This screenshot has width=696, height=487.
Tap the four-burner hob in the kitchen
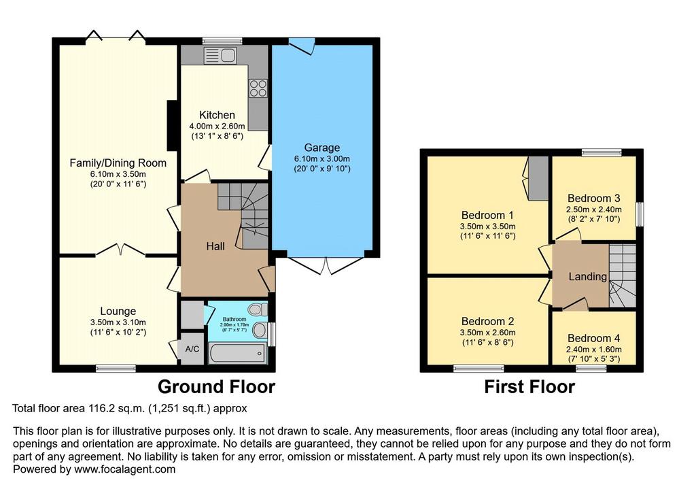(258, 88)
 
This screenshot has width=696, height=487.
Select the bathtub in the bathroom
(238, 353)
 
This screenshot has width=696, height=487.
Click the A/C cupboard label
(192, 349)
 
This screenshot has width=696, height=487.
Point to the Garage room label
(321, 148)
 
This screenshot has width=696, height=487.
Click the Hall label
(215, 246)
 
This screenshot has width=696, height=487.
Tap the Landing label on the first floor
(588, 277)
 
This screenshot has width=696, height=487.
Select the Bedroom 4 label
(594, 338)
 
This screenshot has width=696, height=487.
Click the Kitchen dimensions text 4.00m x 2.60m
(217, 127)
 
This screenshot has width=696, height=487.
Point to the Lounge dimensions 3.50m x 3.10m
(118, 322)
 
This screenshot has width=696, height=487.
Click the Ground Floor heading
(216, 386)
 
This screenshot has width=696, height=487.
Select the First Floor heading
(529, 386)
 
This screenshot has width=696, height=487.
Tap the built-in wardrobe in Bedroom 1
(538, 178)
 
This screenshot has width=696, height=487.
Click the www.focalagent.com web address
(125, 469)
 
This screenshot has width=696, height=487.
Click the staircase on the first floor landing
(623, 275)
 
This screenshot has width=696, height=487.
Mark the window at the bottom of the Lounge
(116, 368)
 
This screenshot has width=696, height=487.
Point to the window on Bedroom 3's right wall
(640, 214)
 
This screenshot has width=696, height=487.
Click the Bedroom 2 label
(487, 321)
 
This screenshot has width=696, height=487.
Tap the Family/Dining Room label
(118, 163)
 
